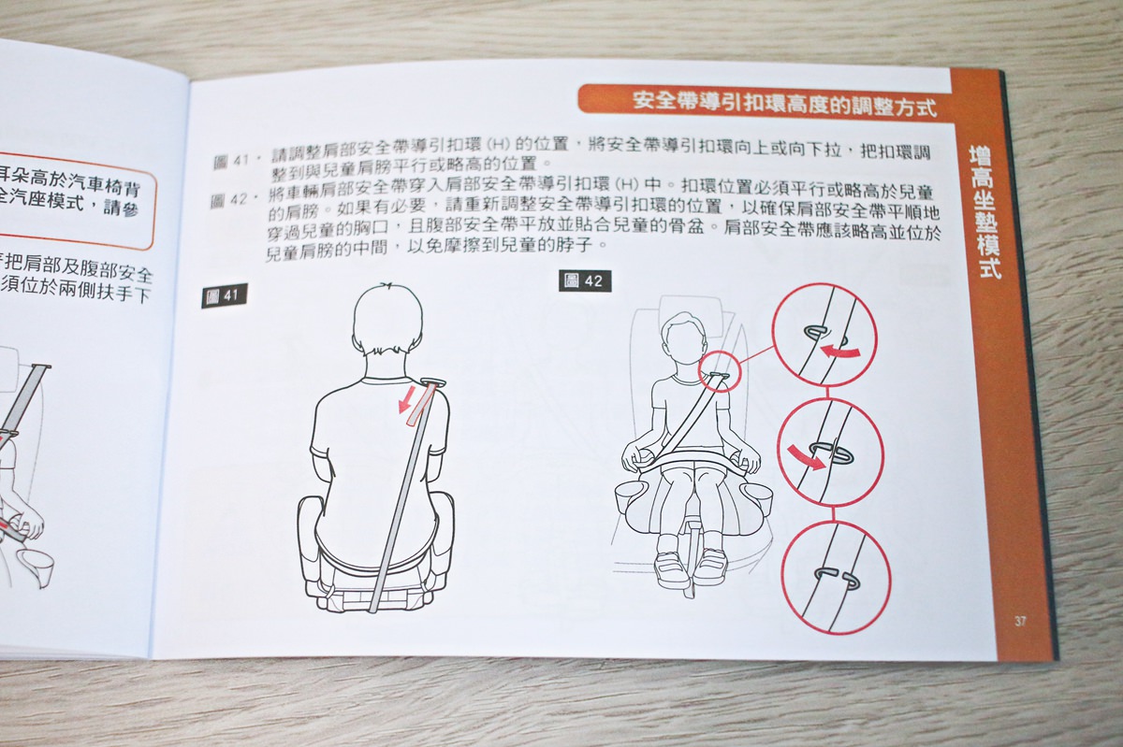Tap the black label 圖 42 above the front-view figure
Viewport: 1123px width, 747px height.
click(585, 280)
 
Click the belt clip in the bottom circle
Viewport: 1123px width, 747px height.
click(836, 579)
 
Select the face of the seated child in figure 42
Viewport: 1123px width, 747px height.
click(683, 342)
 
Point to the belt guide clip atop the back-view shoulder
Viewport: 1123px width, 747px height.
click(432, 381)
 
